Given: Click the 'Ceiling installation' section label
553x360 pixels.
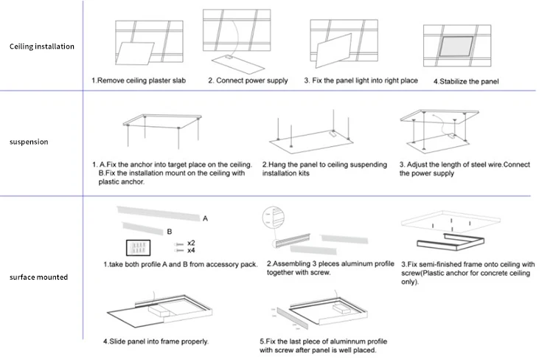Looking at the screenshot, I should (x=42, y=46).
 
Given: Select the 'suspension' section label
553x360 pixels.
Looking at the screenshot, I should (x=29, y=142).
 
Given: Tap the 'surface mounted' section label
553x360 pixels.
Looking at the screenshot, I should (x=38, y=277).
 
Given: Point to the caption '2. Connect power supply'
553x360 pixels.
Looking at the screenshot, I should (x=248, y=80).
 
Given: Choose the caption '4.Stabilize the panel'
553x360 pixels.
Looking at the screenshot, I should (x=466, y=80).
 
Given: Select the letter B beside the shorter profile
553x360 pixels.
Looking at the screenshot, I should (x=170, y=231).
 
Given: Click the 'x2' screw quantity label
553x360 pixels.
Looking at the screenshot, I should (x=191, y=243).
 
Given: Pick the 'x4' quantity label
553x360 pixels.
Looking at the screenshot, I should (x=191, y=251).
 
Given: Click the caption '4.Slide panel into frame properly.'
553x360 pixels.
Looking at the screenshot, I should (x=156, y=342).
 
